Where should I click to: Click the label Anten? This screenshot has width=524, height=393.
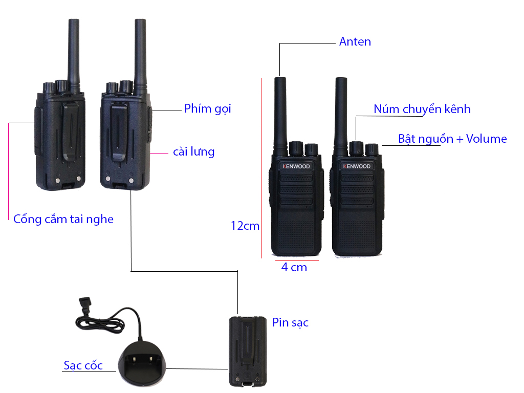[355, 42]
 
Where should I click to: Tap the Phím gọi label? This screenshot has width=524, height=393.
[207, 108]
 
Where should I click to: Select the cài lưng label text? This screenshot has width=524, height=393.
[193, 151]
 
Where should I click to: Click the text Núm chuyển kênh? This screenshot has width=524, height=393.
[422, 109]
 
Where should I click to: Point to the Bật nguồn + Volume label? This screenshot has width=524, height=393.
[452, 139]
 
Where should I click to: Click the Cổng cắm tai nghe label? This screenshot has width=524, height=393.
[63, 219]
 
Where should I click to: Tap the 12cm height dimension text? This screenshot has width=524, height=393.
[245, 226]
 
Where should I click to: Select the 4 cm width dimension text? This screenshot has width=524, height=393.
[294, 267]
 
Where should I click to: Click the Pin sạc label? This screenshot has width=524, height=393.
[290, 322]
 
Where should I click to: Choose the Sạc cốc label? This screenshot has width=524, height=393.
[83, 365]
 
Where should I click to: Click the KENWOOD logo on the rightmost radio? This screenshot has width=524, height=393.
[357, 166]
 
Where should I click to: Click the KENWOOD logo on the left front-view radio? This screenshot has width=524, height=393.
[296, 166]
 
